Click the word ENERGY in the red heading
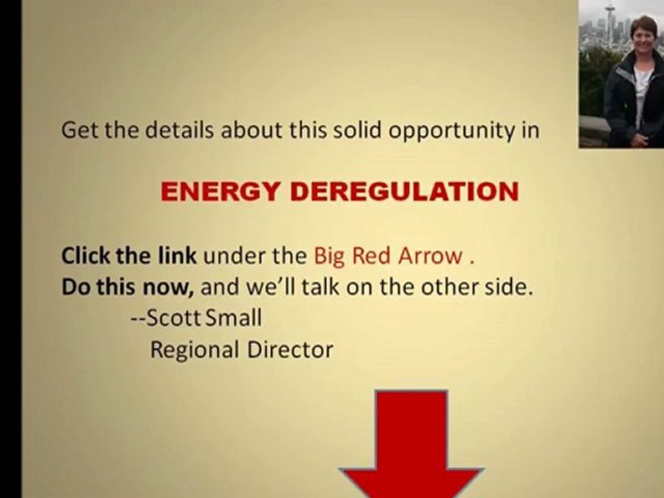(x=220, y=192)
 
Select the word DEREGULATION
(x=405, y=192)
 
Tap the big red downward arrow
(x=411, y=444)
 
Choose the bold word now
(x=168, y=288)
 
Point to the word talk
(x=320, y=287)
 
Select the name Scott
(x=174, y=318)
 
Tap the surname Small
(x=233, y=318)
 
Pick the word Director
(x=290, y=350)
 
